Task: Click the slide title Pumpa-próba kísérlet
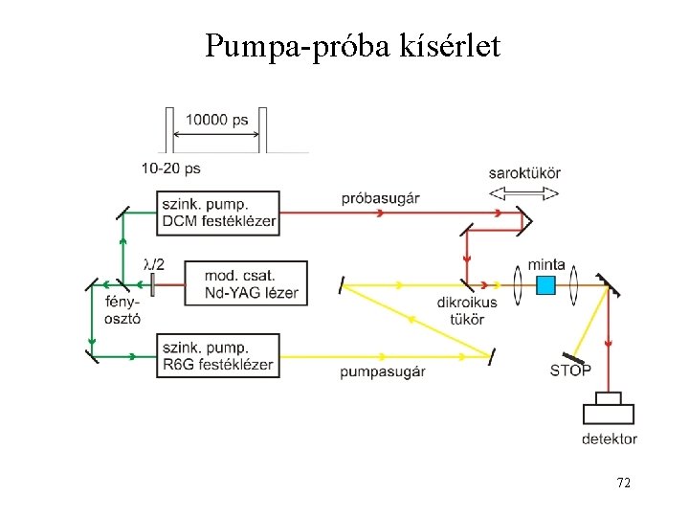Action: point(352,46)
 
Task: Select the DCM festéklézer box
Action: point(219,212)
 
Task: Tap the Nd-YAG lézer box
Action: point(246,283)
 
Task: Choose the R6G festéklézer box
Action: point(219,355)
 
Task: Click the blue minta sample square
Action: point(545,284)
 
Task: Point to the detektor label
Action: point(609,439)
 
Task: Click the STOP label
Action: point(570,371)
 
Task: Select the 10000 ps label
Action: point(217,120)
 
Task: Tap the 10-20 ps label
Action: point(170,168)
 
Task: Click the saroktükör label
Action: point(524,173)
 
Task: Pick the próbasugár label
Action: point(380,198)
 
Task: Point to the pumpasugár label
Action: point(382,371)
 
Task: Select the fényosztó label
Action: point(122,309)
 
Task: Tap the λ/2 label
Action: point(152,262)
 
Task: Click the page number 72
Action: point(623,483)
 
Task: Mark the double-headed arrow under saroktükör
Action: point(524,191)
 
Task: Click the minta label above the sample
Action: point(545,264)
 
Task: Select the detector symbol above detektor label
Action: point(609,409)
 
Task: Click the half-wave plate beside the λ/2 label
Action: point(152,284)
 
